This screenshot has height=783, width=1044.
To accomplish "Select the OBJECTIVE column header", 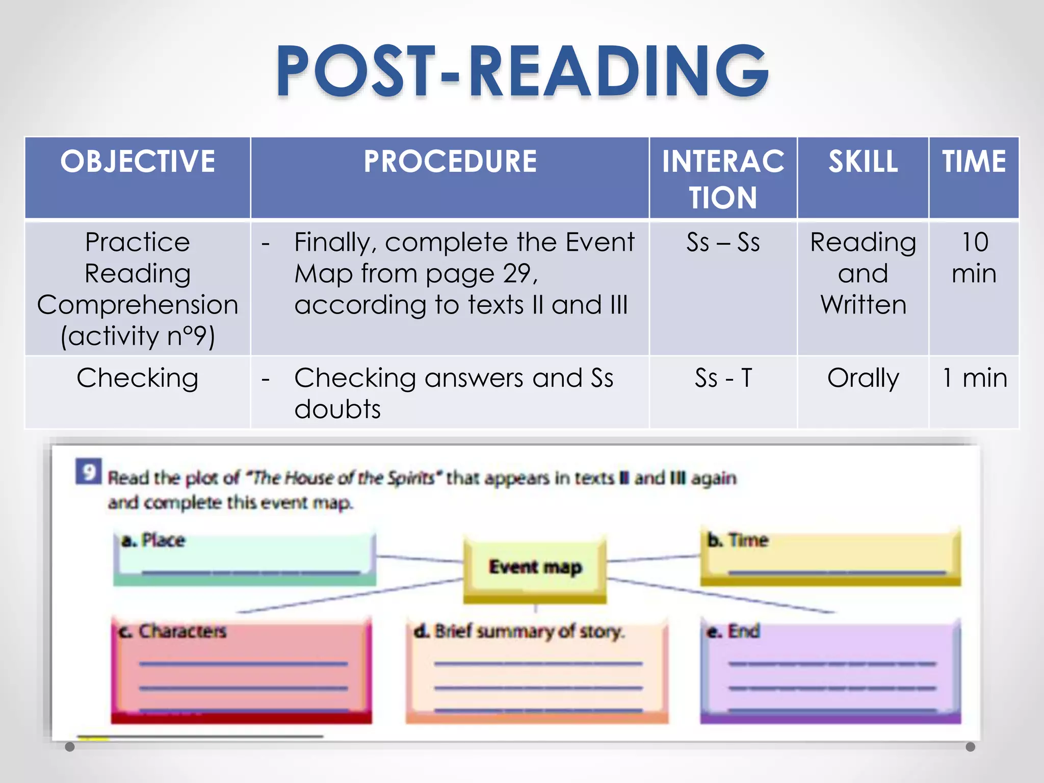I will [138, 162].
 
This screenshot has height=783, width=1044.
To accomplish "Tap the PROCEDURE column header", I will [450, 162].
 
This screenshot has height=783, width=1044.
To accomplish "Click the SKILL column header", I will [863, 162].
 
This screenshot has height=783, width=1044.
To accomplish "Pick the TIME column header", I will [974, 162].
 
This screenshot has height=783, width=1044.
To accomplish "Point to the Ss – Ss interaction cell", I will [723, 242].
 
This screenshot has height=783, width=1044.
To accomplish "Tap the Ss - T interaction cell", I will [723, 378].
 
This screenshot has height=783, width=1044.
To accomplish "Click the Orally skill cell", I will [863, 378].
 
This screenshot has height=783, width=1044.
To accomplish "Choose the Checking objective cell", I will [138, 378].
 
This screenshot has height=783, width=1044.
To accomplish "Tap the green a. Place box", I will [245, 558].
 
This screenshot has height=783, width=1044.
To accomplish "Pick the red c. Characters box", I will [242, 670].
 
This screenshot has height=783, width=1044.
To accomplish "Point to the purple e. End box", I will [831, 670].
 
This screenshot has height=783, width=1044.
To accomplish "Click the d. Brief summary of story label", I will [518, 632].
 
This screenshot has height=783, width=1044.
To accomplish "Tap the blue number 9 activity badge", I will [89, 472].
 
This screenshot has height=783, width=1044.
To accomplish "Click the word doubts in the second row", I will [337, 409].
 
